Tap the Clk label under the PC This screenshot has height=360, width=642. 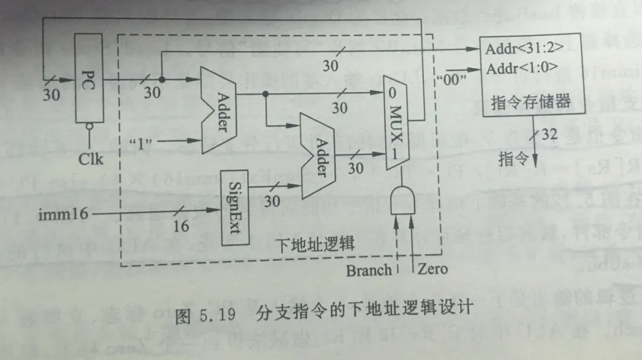[x=90, y=159]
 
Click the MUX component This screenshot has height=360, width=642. [x=396, y=122]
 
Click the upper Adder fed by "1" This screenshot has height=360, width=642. [x=217, y=110]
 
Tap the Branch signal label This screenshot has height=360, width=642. [x=369, y=270]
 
